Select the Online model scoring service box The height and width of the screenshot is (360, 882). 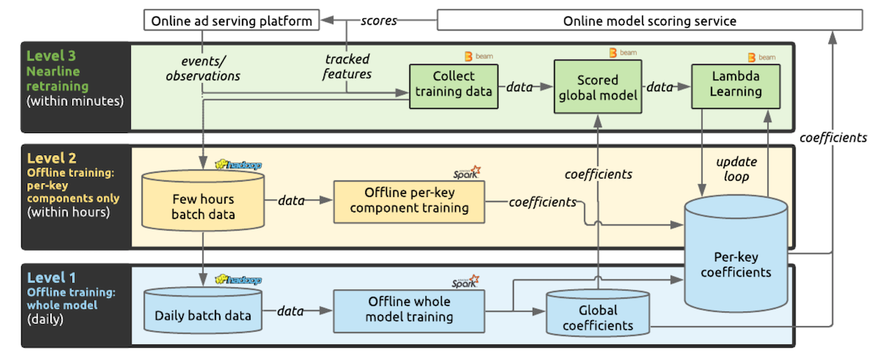(649, 21)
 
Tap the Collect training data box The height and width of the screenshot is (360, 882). (453, 87)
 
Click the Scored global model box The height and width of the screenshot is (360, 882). (598, 87)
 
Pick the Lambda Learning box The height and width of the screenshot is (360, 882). (735, 87)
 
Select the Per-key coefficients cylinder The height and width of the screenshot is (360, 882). (736, 262)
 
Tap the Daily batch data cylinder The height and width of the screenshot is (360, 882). (202, 315)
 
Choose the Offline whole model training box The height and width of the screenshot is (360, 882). (409, 310)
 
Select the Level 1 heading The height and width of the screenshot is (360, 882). (51, 277)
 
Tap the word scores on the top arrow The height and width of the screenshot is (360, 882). (379, 21)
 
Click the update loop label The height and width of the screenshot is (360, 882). (735, 168)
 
